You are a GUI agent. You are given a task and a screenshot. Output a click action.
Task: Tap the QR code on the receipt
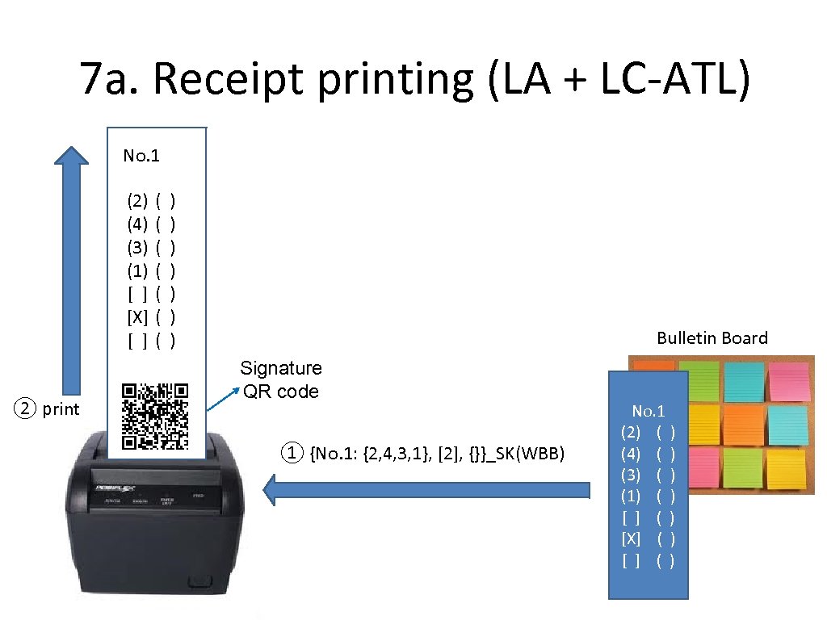coord(155,416)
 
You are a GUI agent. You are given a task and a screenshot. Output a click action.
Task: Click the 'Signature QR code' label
coord(281,379)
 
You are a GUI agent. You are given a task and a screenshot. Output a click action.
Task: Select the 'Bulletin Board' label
coord(712,338)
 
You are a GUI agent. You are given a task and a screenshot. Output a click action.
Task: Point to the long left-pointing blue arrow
coord(428,489)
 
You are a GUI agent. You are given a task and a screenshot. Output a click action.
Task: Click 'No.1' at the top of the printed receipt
coord(141,156)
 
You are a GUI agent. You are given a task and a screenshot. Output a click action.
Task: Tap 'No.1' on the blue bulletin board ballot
coord(649,412)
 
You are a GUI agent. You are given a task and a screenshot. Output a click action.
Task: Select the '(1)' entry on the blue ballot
coord(631,495)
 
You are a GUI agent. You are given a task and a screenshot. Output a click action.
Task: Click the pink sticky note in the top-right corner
coord(790,379)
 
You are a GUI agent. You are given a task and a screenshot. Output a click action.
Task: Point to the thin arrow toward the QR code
coord(229,396)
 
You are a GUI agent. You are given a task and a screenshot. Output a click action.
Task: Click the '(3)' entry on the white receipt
coord(137,245)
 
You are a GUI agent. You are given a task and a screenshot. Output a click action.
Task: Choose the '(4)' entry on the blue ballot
coord(631,453)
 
